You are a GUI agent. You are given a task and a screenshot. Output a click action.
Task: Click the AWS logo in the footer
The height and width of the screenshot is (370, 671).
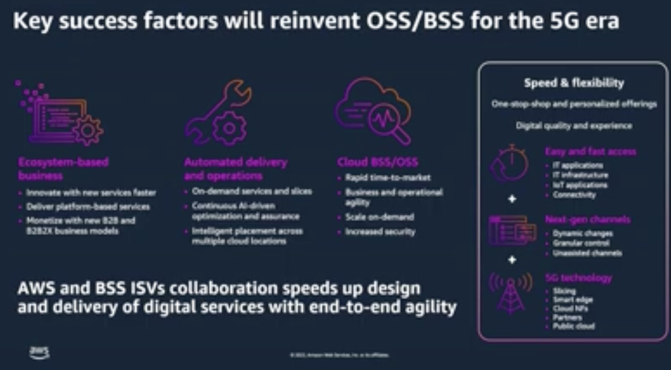pos(39,352)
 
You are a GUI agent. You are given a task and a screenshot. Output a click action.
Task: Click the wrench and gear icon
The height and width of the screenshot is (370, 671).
pos(218,112)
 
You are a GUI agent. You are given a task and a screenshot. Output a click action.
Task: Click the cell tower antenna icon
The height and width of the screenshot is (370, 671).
pos(510,292)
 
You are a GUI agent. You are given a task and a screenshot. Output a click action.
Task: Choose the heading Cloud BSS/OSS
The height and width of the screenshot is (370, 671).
pos(378,162)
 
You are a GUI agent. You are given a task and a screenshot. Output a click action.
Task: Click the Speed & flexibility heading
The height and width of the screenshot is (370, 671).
pos(574,83)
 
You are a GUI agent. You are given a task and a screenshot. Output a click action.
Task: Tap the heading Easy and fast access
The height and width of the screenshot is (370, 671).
pos(591,152)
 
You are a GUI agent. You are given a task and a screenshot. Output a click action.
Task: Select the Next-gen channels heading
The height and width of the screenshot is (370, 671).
pos(587,219)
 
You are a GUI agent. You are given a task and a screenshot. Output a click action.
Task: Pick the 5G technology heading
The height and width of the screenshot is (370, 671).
pos(578,278)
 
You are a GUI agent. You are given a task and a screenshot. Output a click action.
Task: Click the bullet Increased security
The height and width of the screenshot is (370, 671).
pos(380,232)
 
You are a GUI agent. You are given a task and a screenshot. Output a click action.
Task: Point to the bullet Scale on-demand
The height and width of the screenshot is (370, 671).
pos(379,217)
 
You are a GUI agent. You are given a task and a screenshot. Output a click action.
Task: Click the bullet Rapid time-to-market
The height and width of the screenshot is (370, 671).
pos(387,177)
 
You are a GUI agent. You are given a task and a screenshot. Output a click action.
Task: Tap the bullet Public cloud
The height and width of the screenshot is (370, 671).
pos(573,326)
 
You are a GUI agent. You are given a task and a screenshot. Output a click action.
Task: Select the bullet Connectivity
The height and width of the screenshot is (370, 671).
pos(574,195)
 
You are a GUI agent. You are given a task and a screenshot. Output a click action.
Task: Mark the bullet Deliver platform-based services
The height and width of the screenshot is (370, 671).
pos(88,207)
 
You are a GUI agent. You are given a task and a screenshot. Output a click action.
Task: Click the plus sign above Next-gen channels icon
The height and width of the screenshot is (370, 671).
pos(512,199)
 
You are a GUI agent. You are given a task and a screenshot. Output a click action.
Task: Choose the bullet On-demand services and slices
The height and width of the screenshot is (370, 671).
pos(251,191)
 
